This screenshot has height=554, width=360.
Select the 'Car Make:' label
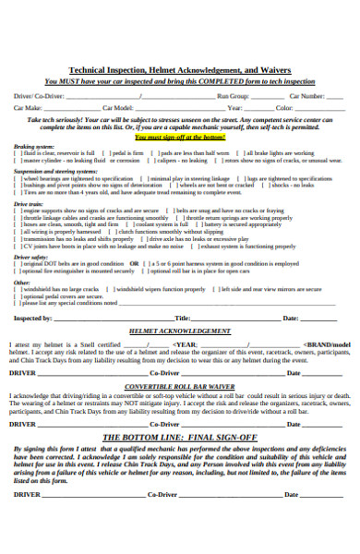(28, 108)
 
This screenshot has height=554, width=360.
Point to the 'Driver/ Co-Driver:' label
(40, 95)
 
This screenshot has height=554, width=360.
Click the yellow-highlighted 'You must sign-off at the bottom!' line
(179, 136)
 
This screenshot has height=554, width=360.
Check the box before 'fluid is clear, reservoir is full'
(16, 153)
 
